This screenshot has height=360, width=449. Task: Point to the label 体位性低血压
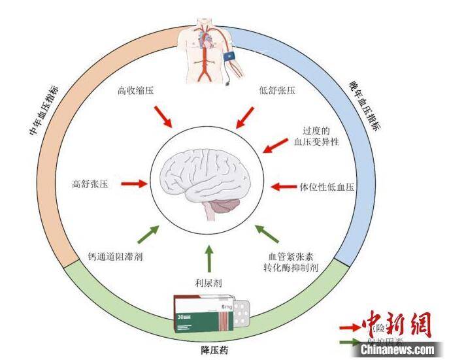326,186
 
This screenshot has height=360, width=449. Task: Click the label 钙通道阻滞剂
115,257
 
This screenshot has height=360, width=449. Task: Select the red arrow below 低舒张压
244,117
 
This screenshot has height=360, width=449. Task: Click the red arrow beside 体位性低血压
284,186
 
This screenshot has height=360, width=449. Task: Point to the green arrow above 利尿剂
209,258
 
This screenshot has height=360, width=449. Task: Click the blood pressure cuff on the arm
231,57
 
